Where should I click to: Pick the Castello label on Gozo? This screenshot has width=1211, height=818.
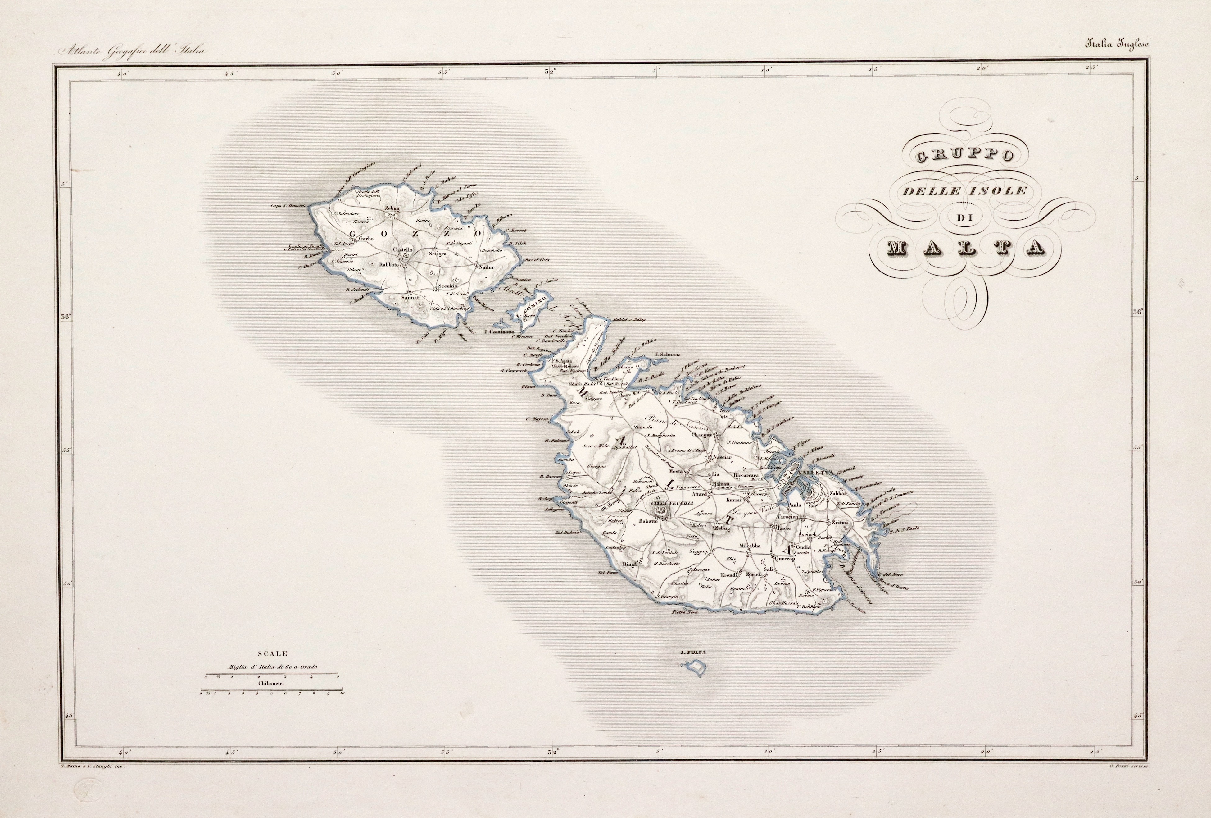(402, 250)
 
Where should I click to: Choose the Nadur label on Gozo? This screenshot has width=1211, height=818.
(486, 267)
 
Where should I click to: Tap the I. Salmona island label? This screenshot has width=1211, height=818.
(669, 354)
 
